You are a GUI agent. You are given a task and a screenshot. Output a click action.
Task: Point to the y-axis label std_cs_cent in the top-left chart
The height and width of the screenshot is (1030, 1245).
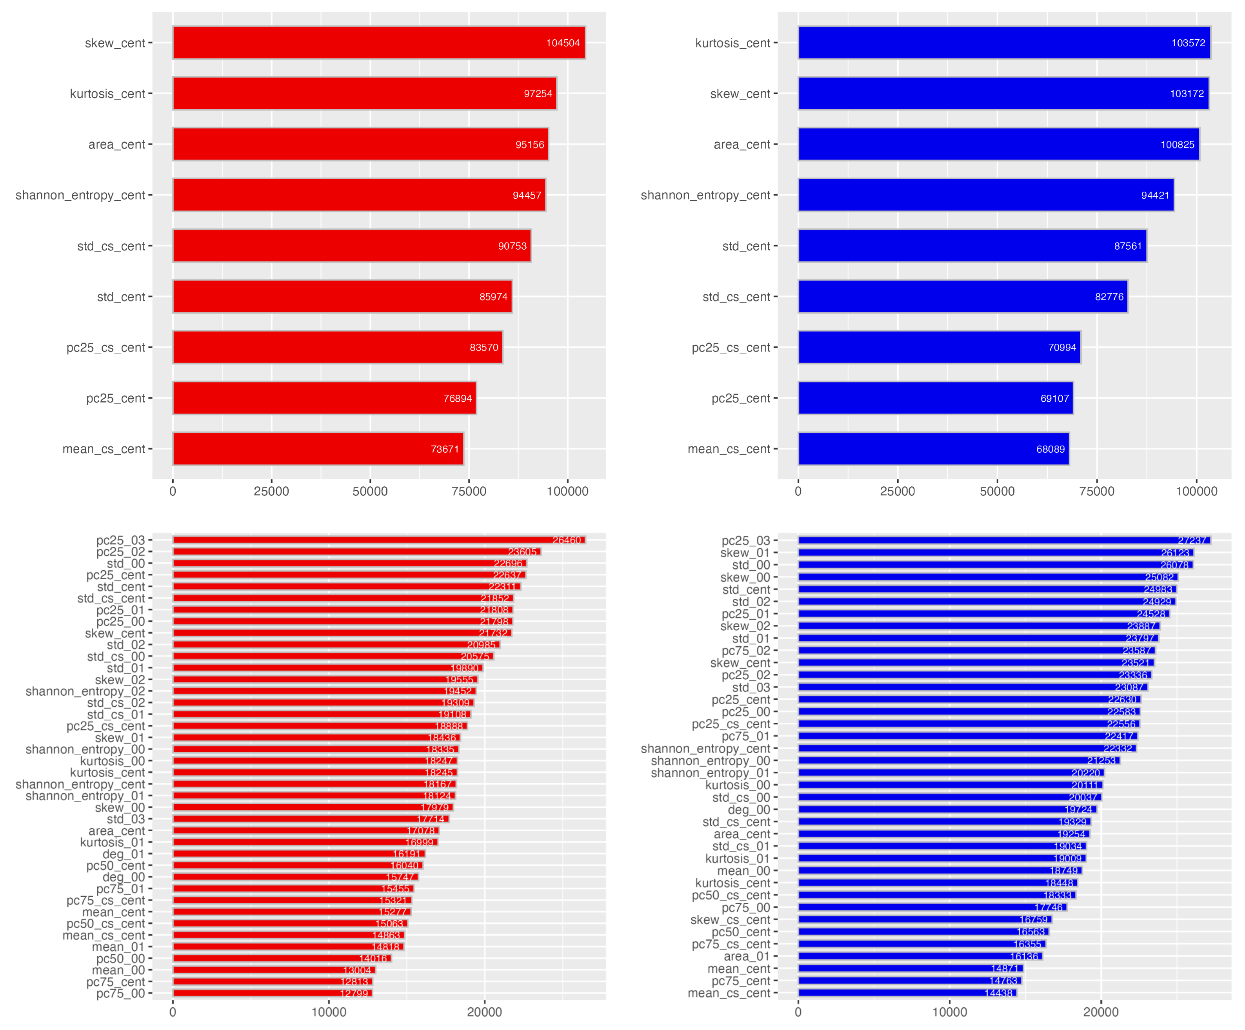coord(111,246)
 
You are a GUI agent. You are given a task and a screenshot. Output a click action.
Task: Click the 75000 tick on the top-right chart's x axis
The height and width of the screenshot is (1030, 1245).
coord(1096,491)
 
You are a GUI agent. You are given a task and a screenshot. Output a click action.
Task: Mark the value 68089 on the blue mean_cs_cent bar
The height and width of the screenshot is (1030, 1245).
coord(1050,449)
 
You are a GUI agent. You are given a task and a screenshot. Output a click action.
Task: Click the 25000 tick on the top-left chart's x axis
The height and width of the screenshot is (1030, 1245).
coord(271,491)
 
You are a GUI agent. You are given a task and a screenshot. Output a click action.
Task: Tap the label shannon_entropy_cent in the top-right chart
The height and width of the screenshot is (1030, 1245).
coord(705,195)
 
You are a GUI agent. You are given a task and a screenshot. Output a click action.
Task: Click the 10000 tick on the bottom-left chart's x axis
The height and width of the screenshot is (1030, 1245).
coord(329,1012)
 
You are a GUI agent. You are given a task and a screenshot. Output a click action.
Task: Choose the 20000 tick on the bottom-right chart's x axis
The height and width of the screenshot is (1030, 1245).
coord(1101,1012)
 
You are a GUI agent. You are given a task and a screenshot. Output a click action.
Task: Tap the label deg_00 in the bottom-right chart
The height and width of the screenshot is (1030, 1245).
coord(749,810)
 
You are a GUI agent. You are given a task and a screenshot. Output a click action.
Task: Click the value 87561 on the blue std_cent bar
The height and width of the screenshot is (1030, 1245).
coord(1128,246)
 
